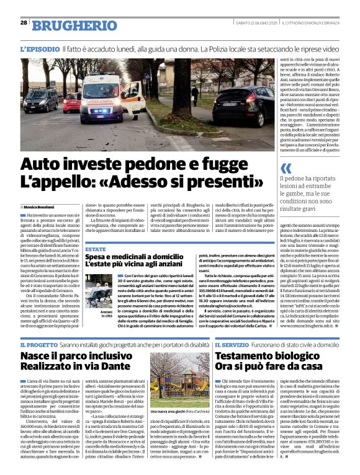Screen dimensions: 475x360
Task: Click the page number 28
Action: pos(24,24)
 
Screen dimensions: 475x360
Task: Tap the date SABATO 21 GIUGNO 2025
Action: pos(252,24)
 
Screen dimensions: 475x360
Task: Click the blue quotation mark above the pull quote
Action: pos(286,168)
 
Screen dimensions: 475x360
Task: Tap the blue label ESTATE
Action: pos(96,249)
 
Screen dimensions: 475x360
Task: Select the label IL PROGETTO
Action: pos(39,344)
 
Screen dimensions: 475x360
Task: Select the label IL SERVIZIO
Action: pos(233,344)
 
